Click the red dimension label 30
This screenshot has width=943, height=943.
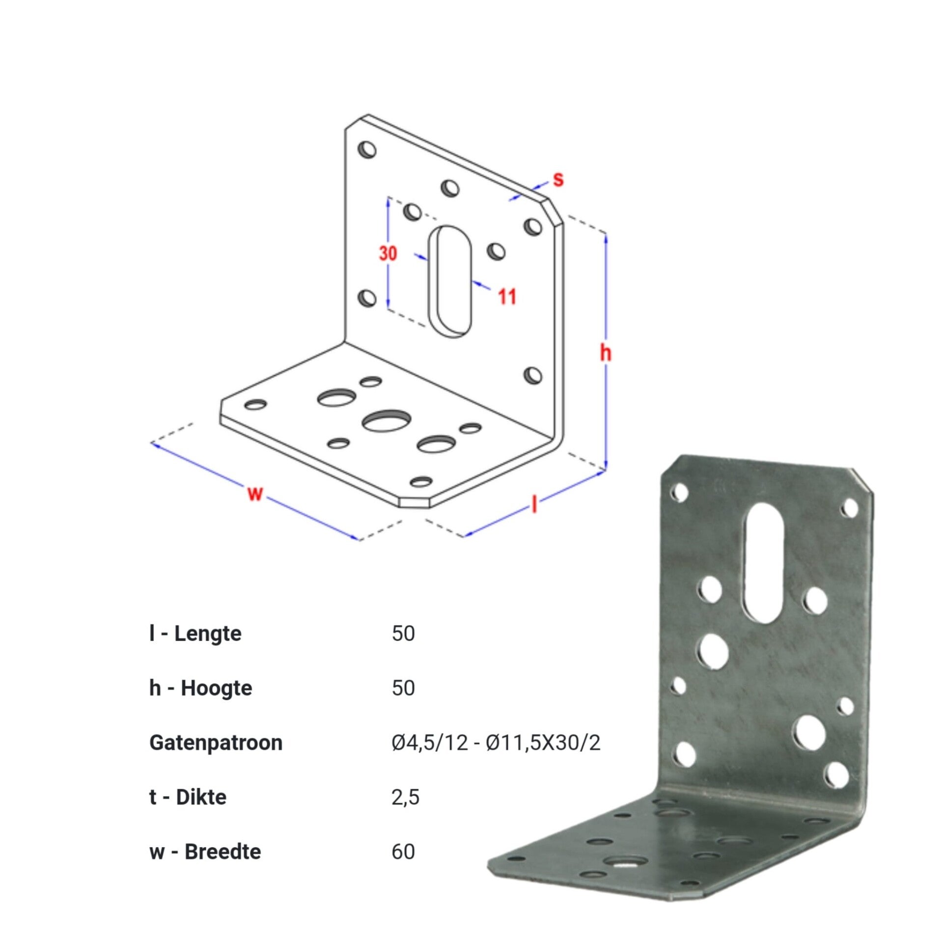point(388,253)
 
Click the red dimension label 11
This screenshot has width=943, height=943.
point(507,297)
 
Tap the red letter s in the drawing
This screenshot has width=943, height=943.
point(558,179)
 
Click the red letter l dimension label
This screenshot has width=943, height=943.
point(534,504)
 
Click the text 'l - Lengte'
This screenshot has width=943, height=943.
point(195,634)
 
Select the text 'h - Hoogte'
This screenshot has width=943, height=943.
point(200,688)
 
